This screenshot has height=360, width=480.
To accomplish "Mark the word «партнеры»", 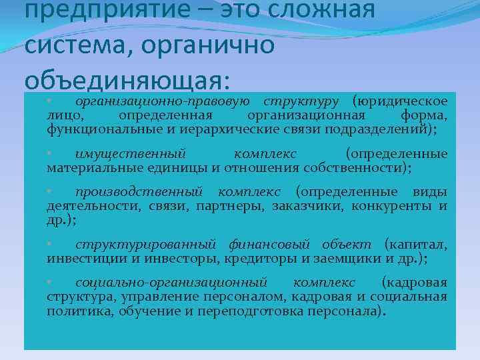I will [229, 207].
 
